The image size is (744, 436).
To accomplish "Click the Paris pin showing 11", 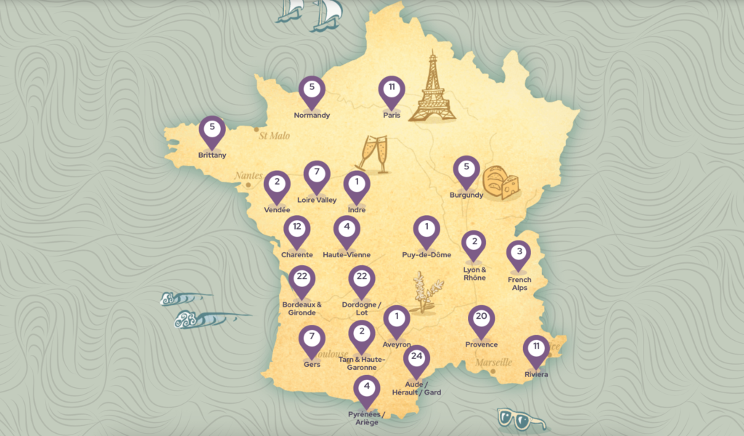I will [x=391, y=90].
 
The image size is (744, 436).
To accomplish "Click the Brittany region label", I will [x=212, y=155].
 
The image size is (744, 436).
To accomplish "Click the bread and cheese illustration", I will [x=501, y=182].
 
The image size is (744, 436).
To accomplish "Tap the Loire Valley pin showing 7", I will [x=317, y=174].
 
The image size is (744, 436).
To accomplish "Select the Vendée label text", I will [x=277, y=210].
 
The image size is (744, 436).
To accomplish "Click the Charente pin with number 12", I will [x=296, y=230].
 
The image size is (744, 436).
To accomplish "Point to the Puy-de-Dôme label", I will [x=426, y=255].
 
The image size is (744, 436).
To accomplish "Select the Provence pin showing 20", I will [x=481, y=319].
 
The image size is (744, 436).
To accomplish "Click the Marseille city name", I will [x=493, y=362].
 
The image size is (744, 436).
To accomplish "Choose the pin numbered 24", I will [x=416, y=359].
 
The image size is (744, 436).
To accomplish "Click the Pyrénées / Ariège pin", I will [x=367, y=389].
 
